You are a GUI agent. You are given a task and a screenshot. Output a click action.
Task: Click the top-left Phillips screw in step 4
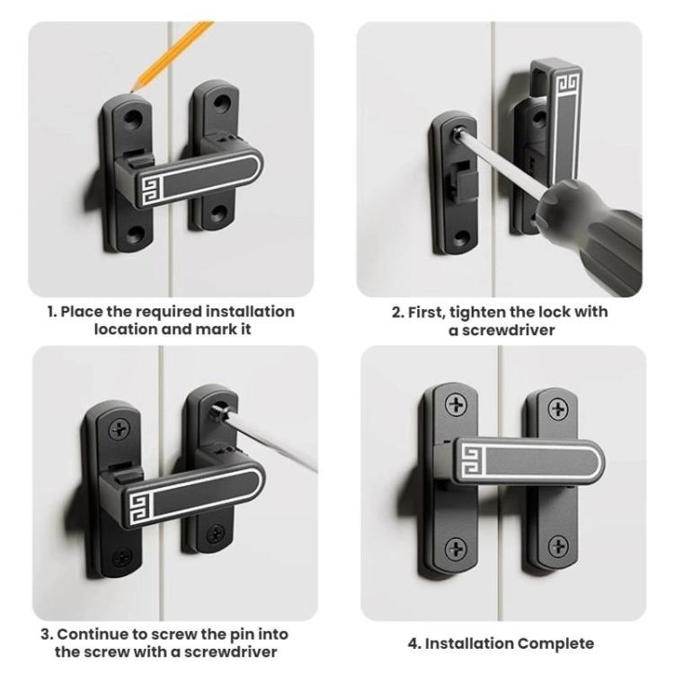(x=457, y=406)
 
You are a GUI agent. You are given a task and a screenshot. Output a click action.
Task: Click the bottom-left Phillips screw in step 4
(x=457, y=546)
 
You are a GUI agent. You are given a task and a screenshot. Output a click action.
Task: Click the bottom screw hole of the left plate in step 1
(x=137, y=236)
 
